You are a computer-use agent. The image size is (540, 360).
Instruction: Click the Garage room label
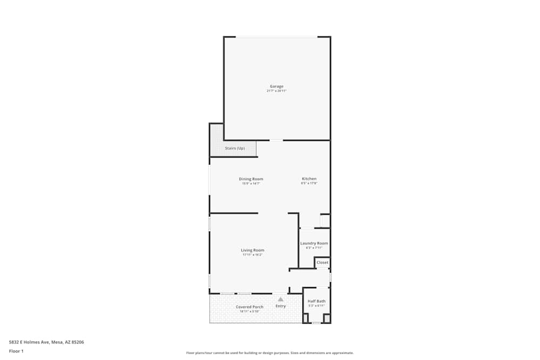click(x=276, y=86)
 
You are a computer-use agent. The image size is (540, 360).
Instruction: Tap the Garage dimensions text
click(x=276, y=91)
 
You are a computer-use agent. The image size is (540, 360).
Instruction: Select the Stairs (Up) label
click(x=235, y=148)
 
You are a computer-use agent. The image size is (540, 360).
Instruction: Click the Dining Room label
click(x=251, y=179)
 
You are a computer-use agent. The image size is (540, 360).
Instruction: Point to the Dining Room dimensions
click(x=251, y=184)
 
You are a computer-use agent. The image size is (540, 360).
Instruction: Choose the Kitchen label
click(x=309, y=179)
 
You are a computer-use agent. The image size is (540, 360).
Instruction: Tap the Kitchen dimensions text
click(x=309, y=184)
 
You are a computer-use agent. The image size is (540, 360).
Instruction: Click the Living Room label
click(x=252, y=250)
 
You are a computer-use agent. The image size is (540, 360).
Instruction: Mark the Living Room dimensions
click(x=252, y=255)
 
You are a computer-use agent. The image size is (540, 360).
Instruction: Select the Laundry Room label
click(x=314, y=243)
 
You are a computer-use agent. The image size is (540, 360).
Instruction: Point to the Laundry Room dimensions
click(x=314, y=248)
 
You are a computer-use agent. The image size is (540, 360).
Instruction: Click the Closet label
click(x=322, y=263)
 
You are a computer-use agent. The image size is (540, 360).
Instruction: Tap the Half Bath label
click(x=316, y=301)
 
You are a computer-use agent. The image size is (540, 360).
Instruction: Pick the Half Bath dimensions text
click(x=316, y=306)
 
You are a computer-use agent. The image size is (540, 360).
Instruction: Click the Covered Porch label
click(x=249, y=307)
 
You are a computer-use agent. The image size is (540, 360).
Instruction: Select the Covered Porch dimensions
click(x=249, y=311)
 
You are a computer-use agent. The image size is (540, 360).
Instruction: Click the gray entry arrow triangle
click(x=280, y=299)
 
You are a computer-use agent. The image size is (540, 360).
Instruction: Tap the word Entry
click(x=281, y=307)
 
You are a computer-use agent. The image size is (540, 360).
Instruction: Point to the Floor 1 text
click(x=16, y=351)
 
